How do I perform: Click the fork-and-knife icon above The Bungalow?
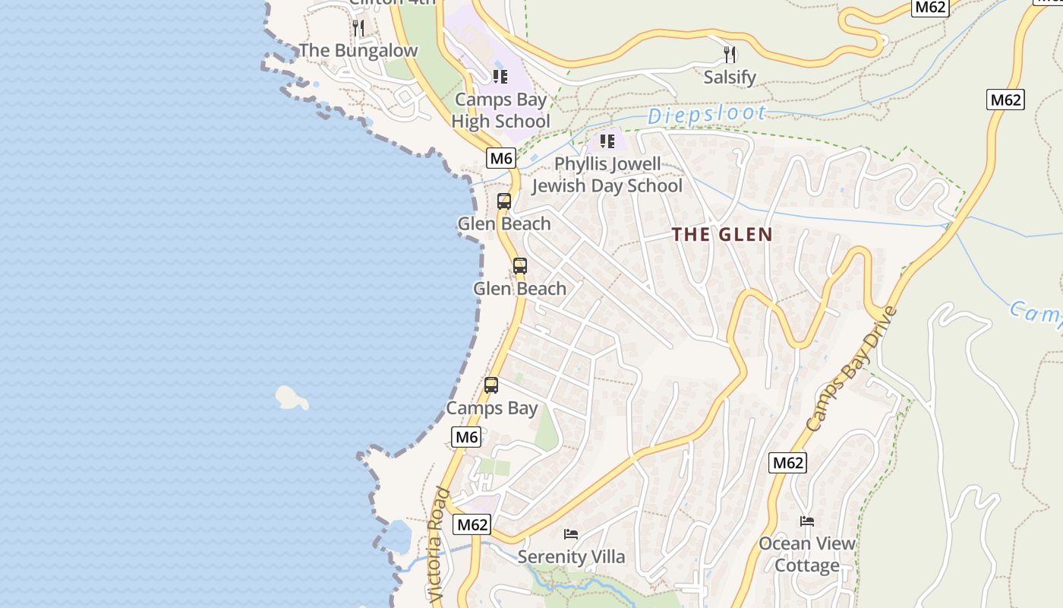(358, 28)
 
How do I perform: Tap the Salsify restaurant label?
(729, 77)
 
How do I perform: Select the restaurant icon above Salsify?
(730, 54)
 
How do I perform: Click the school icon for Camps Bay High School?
(500, 77)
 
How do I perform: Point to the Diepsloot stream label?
(706, 115)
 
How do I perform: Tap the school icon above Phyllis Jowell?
(607, 141)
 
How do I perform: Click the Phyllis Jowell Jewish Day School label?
(607, 175)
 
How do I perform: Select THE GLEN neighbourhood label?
(722, 235)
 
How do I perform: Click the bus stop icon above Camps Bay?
(491, 385)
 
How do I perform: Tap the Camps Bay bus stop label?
(491, 408)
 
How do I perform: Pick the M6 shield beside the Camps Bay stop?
(466, 437)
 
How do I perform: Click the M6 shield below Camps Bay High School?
(501, 158)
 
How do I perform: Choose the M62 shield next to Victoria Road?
(472, 524)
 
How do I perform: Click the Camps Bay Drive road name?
(852, 369)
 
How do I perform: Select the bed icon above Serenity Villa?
(571, 534)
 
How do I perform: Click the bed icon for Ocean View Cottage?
(807, 521)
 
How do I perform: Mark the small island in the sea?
(291, 397)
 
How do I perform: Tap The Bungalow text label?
(358, 51)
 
